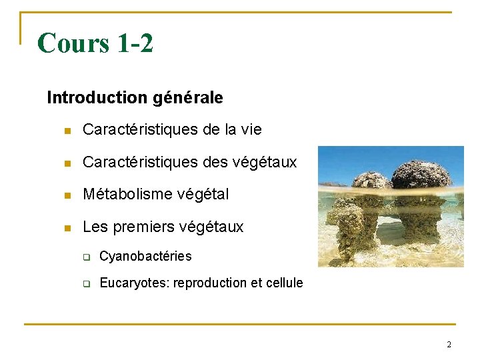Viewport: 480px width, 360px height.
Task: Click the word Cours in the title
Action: coord(74,43)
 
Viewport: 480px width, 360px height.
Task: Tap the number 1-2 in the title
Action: coord(135,43)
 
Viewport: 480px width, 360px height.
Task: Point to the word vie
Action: coord(251,129)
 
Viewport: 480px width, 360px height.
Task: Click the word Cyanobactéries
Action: coord(145,257)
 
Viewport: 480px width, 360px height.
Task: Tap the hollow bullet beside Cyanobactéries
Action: coord(86,257)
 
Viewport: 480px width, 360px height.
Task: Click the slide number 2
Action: coord(449,345)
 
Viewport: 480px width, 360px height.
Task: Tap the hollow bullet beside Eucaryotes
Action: coord(86,284)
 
